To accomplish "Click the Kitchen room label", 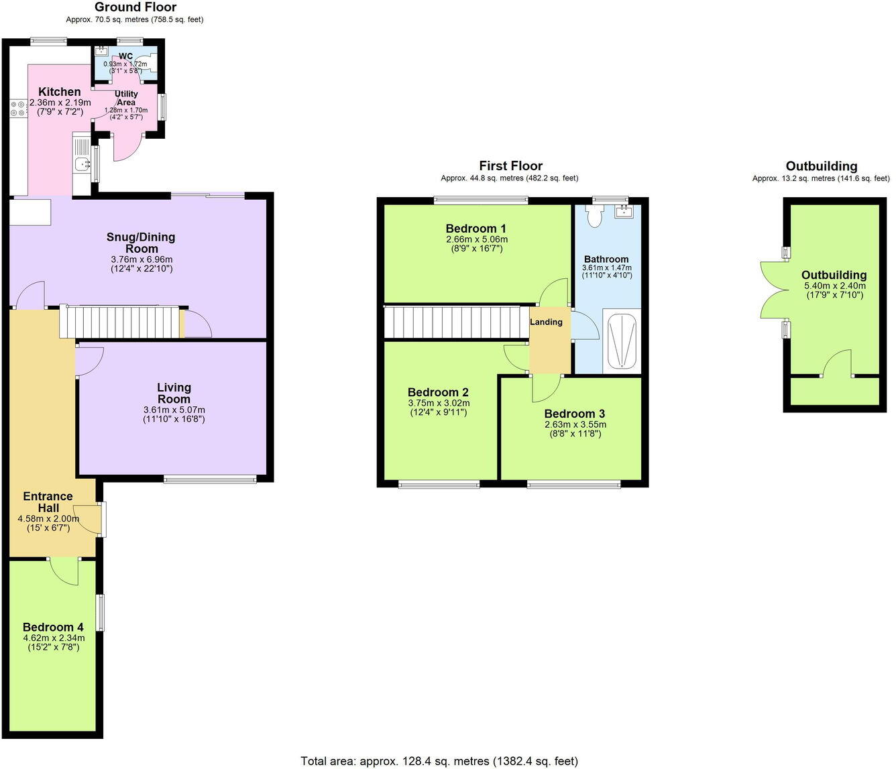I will [59, 92].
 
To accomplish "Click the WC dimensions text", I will [125, 67].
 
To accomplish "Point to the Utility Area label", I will [126, 98].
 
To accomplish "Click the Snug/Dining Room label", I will [141, 243].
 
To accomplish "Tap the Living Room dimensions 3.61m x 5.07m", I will [174, 410].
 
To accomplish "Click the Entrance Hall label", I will [48, 502].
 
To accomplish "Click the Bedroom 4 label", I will [53, 628].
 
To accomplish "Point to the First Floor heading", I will [510, 166].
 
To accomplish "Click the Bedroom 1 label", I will [476, 229].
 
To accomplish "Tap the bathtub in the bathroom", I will [622, 340].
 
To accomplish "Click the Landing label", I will [546, 322].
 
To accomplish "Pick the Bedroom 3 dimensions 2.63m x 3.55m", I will [575, 424].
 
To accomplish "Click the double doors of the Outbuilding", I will [773, 289].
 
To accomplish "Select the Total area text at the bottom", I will [439, 761].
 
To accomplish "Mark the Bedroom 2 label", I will [438, 392].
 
